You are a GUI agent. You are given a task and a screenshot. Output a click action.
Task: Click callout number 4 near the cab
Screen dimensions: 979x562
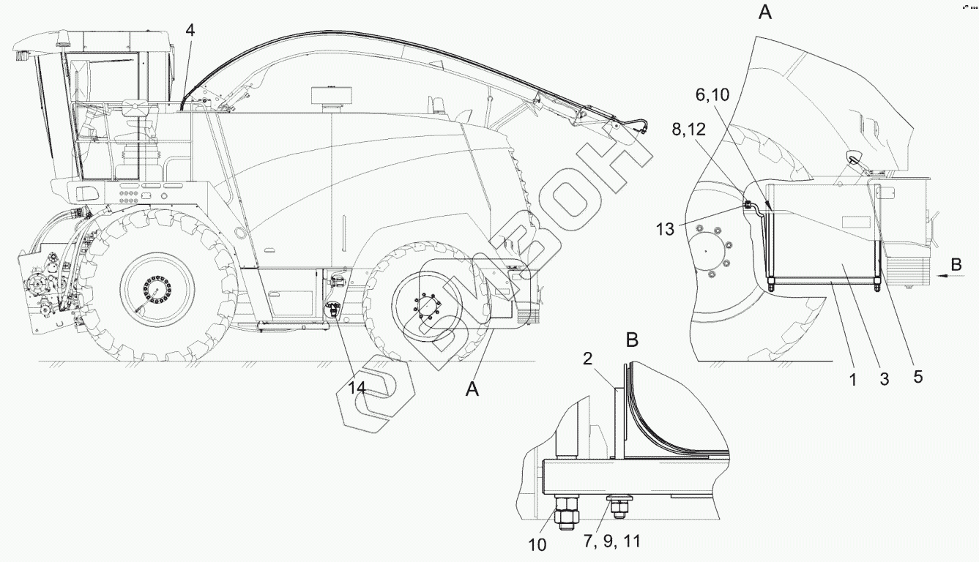tap(190, 30)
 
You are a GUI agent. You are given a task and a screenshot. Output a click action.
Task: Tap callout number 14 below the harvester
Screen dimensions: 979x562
tap(357, 387)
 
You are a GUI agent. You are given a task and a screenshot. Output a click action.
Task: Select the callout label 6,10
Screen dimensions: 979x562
tap(712, 94)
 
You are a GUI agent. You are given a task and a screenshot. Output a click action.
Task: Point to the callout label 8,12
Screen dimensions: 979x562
tap(689, 130)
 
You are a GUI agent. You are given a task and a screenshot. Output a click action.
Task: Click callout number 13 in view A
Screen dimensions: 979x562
tap(665, 229)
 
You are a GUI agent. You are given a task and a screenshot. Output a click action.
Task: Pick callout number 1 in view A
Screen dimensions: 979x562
tap(853, 380)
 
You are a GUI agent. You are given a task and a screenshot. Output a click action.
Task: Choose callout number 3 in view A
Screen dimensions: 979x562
tap(884, 379)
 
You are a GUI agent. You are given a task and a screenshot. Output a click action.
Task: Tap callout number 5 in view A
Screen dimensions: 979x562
tap(917, 376)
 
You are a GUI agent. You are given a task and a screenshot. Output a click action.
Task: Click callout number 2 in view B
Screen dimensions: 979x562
tap(587, 359)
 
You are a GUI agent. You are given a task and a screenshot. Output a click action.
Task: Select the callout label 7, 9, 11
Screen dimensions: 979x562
tap(612, 542)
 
